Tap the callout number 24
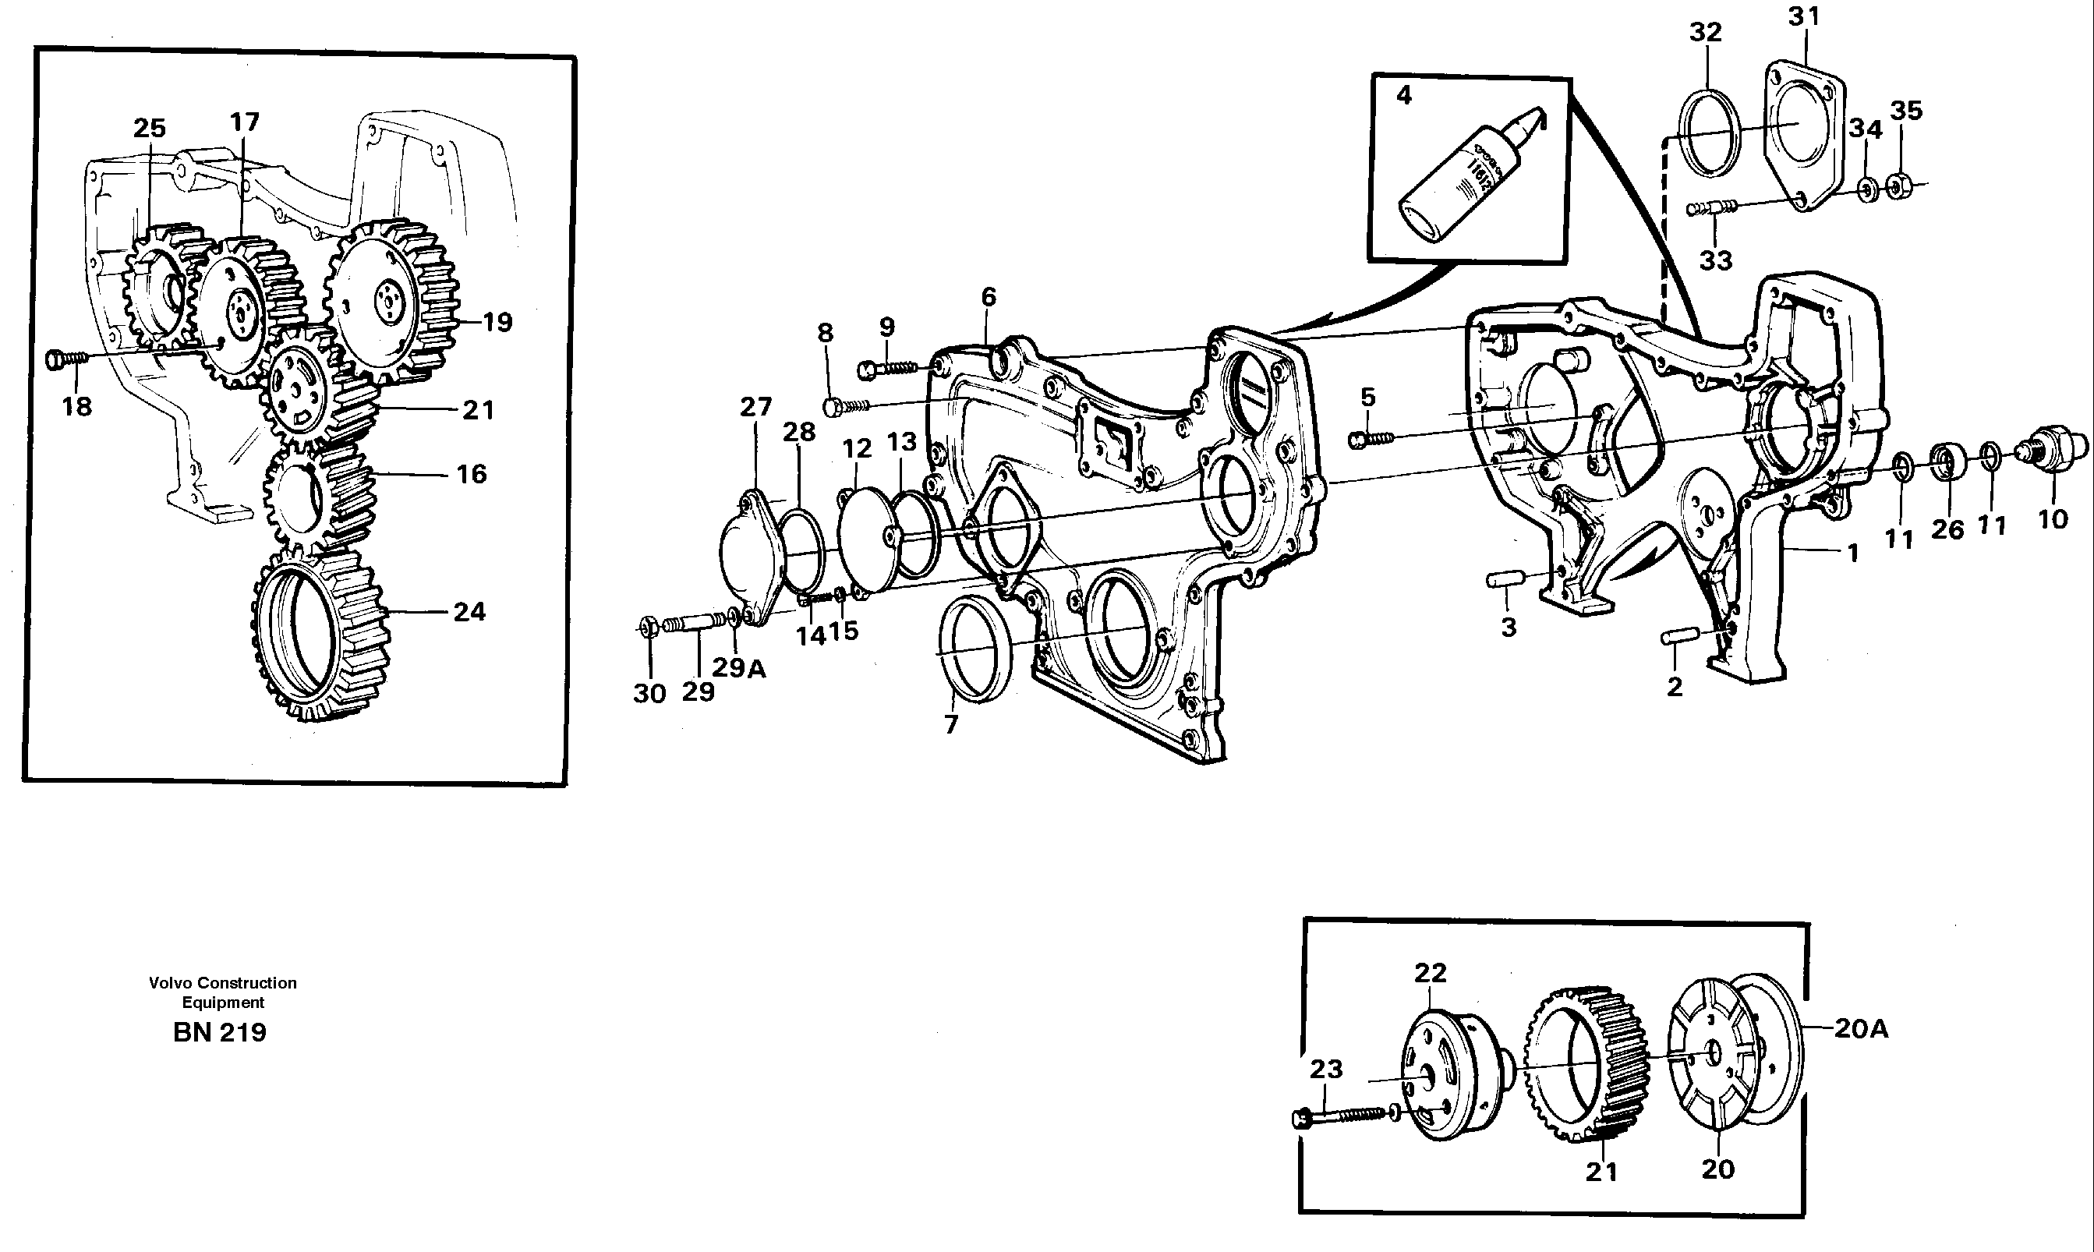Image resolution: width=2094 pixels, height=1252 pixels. (469, 611)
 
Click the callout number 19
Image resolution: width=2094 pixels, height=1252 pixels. (497, 321)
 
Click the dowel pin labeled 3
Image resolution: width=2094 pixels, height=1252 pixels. (1505, 578)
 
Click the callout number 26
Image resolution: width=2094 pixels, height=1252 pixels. (1947, 529)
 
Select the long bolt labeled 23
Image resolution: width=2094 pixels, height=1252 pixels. (1342, 1117)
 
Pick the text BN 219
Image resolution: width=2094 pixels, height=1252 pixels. (219, 1032)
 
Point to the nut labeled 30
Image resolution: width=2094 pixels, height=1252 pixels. (648, 627)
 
